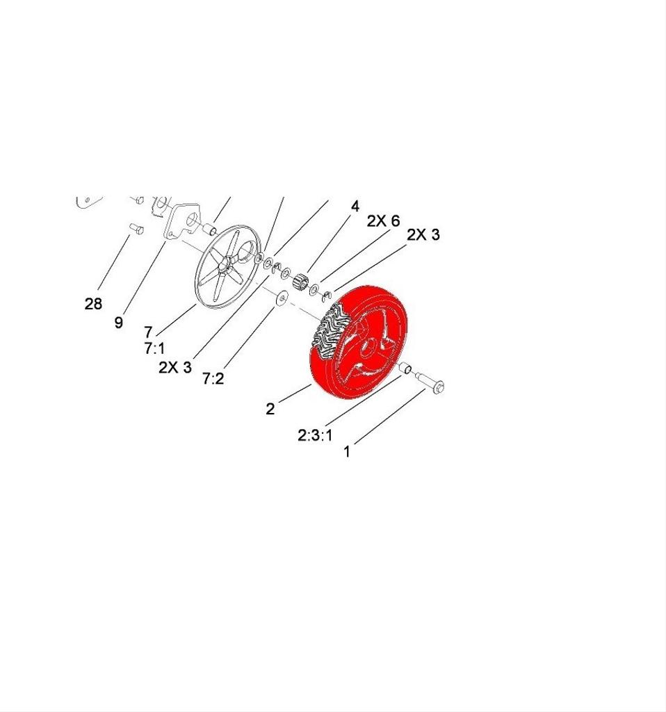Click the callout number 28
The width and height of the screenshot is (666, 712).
(x=93, y=304)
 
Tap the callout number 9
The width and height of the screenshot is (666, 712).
(x=119, y=322)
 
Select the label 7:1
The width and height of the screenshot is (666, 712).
(x=154, y=348)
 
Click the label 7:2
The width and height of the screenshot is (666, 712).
(x=213, y=379)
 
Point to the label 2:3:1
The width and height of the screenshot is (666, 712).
(x=315, y=435)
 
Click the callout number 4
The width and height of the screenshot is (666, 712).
(x=355, y=207)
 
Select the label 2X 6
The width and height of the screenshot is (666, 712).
(x=383, y=221)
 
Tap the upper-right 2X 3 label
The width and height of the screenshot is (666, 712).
(x=423, y=235)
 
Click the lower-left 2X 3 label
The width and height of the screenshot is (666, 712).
(x=174, y=366)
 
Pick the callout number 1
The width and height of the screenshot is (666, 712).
(x=347, y=451)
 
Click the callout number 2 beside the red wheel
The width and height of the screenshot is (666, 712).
(x=270, y=409)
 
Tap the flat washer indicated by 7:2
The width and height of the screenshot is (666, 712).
(x=282, y=298)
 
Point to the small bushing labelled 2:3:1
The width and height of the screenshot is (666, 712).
(x=407, y=369)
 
